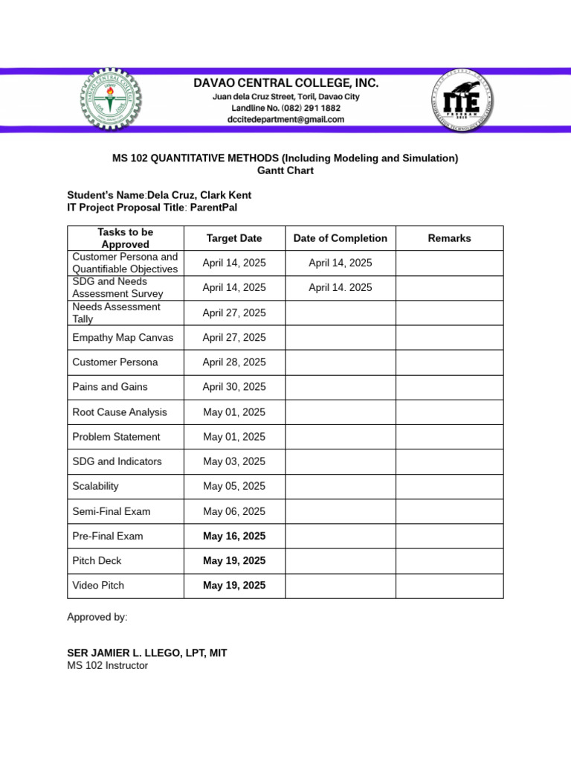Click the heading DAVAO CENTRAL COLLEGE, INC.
coord(286,83)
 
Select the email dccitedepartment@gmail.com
coord(286,119)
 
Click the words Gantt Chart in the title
coord(285,170)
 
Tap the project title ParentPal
coord(213,208)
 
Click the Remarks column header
coord(449,238)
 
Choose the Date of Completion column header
coord(340,238)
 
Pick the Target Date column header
coord(234,238)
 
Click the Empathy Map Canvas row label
coord(123,337)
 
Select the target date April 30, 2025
coord(234,387)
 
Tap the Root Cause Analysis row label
coord(120,412)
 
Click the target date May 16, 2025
coord(234,536)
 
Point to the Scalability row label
coord(95,486)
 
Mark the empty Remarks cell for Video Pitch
coord(449,586)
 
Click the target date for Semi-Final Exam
coord(234,511)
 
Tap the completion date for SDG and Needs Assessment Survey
coord(340,287)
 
